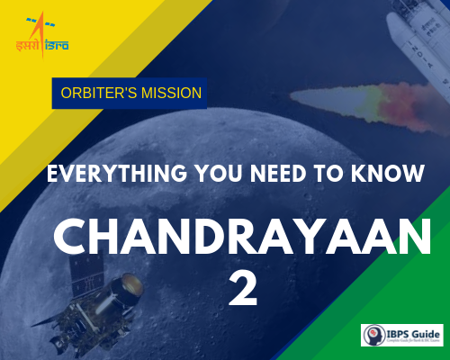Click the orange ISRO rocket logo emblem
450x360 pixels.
[33, 24]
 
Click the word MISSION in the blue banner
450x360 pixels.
[167, 93]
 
